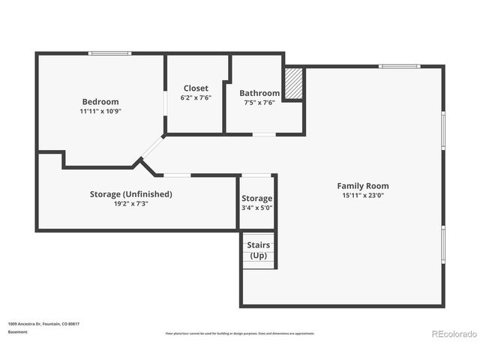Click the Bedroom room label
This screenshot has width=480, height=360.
click(x=100, y=101)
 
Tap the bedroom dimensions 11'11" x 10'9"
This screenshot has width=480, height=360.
click(x=100, y=111)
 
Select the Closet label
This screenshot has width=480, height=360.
click(x=196, y=88)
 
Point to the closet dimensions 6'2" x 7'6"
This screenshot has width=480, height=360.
click(x=196, y=97)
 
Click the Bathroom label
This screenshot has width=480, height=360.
click(x=259, y=93)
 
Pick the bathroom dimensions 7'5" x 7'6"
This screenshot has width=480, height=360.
click(x=259, y=102)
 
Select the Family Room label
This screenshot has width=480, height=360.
click(x=362, y=185)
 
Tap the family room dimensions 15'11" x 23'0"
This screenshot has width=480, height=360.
click(x=362, y=195)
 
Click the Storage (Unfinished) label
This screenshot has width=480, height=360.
click(x=131, y=193)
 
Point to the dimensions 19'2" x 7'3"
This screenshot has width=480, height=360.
click(x=131, y=203)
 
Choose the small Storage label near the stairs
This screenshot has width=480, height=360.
click(x=256, y=198)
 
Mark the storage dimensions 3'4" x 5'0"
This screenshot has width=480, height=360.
click(x=256, y=208)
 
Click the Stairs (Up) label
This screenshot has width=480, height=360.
click(x=259, y=250)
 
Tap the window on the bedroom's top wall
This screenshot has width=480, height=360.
click(x=110, y=53)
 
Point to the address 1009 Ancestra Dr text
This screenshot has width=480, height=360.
click(x=43, y=324)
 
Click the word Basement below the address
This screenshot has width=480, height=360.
click(x=17, y=331)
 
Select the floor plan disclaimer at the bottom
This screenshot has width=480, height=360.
click(x=240, y=334)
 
